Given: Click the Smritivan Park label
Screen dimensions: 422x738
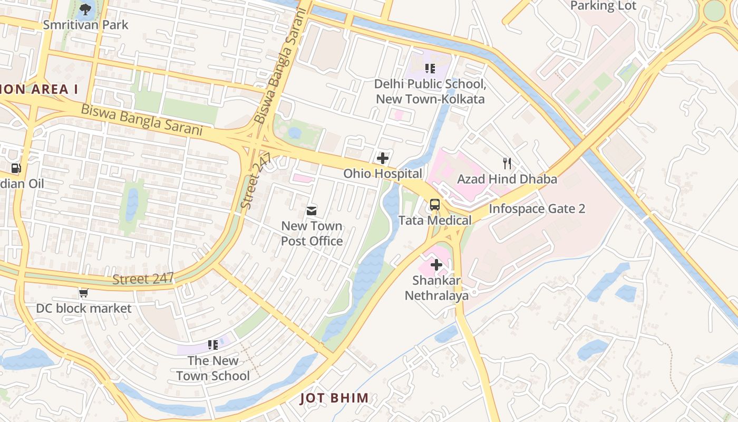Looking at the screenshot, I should (x=85, y=25).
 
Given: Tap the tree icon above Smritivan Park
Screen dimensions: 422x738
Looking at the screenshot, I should (x=85, y=8).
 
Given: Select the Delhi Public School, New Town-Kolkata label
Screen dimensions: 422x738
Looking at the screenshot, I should (x=430, y=91).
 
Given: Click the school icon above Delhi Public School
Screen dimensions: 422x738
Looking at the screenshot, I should (x=430, y=69).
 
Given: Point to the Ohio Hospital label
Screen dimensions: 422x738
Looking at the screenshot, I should (x=383, y=174).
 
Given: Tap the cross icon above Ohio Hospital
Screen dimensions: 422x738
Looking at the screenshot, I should (x=383, y=158).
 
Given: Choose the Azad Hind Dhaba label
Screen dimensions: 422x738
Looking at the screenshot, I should (x=507, y=179).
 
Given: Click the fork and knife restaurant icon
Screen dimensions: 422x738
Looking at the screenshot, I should (x=507, y=163).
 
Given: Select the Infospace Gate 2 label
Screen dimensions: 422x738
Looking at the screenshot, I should (x=537, y=208).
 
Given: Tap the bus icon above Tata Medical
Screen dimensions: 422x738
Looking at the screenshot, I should (x=435, y=205).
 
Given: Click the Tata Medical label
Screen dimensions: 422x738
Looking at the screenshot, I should (x=435, y=220).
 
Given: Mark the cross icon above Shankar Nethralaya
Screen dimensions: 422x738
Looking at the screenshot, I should (x=436, y=265).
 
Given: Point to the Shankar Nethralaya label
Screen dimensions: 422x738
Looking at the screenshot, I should (x=436, y=288).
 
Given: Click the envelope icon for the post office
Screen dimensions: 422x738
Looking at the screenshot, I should (x=312, y=211).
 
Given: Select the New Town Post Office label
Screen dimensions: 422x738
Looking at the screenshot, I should (x=312, y=234).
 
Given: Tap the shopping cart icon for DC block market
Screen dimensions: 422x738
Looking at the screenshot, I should (x=83, y=293).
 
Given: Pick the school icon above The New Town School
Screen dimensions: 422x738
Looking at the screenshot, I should (x=213, y=345).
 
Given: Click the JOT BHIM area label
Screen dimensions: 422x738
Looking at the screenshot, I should (x=334, y=398).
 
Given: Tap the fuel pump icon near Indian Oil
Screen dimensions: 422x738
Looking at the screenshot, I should (x=16, y=168).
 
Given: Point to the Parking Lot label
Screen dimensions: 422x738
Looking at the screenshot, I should (x=603, y=6).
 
